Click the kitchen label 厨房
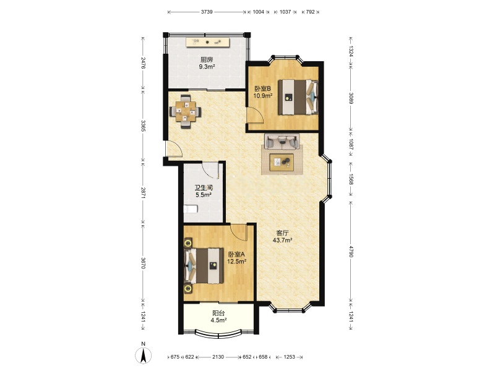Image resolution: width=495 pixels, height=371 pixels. click(207, 59)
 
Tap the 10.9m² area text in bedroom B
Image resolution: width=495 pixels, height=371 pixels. click(262, 96)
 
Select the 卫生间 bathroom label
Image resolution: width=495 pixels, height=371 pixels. click(204, 188)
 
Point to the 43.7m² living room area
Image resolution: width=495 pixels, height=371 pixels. click(282, 240)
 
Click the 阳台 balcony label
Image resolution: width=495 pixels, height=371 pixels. click(218, 313)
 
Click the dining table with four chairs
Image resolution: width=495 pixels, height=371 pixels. click(186, 111)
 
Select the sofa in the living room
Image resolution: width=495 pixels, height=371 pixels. click(282, 142)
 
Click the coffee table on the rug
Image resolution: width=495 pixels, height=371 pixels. click(282, 162)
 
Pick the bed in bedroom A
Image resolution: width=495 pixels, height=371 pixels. click(204, 266)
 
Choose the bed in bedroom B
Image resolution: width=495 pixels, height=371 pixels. click(298, 97)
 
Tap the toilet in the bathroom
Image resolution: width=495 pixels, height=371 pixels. click(191, 209)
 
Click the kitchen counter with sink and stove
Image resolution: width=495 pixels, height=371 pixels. click(207, 42)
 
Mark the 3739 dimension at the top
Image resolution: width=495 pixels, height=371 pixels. click(207, 12)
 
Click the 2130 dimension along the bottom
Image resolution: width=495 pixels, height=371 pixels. click(218, 357)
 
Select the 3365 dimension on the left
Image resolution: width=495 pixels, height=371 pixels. click(143, 126)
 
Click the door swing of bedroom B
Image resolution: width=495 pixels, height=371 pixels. click(255, 116)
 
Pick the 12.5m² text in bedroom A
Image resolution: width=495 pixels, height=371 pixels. click(237, 262)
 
